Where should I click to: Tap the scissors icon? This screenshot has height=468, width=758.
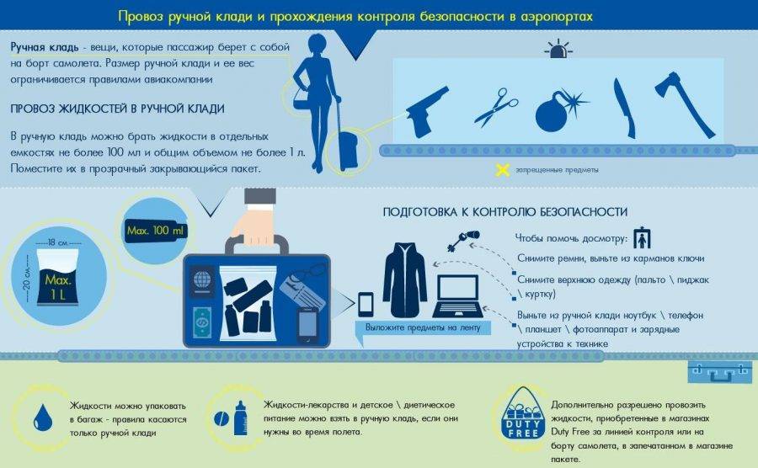pyautogui.click(x=495, y=107)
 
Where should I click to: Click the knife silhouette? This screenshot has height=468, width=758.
pyautogui.click(x=623, y=109)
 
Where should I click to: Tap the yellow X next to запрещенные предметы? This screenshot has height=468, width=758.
pyautogui.click(x=503, y=170)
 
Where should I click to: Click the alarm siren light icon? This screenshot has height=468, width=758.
pyautogui.click(x=558, y=49)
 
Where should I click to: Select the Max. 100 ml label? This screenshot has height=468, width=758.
pyautogui.click(x=155, y=231)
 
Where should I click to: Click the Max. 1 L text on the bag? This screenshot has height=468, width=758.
pyautogui.click(x=58, y=287)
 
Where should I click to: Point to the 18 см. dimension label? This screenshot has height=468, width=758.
pyautogui.click(x=58, y=242)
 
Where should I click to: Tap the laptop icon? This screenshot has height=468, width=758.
pyautogui.click(x=456, y=295)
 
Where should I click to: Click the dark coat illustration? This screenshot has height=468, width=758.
pyautogui.click(x=405, y=280)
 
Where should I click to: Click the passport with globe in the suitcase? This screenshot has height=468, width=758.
pyautogui.click(x=201, y=280)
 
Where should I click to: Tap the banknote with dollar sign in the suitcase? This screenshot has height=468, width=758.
pyautogui.click(x=201, y=322)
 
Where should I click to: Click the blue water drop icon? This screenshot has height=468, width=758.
pyautogui.click(x=43, y=418)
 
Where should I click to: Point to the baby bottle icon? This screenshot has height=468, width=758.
pyautogui.click(x=240, y=417)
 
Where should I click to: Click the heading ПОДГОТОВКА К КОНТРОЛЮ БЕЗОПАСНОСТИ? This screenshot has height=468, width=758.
pyautogui.click(x=504, y=212)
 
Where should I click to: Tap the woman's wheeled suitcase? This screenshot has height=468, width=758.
pyautogui.click(x=346, y=145)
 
